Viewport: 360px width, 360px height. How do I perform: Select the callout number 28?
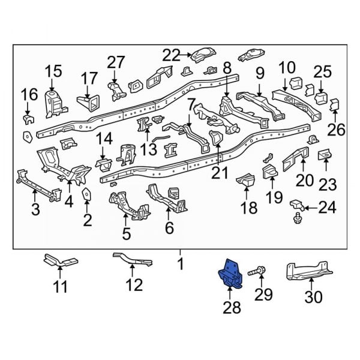(x=232, y=308)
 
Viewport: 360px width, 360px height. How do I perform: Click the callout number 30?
(x=313, y=296)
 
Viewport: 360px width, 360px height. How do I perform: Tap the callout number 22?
(x=171, y=56)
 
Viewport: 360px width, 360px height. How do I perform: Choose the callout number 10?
(x=287, y=67)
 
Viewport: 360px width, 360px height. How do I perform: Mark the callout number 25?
(x=322, y=72)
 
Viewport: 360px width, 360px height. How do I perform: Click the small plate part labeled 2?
(x=86, y=197)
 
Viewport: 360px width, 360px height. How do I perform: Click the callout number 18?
(x=248, y=208)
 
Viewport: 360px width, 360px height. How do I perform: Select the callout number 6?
(x=169, y=227)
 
